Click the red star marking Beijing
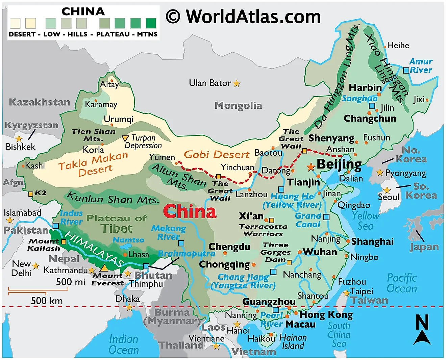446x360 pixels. [311, 167]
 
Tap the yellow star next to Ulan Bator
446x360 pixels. [237, 83]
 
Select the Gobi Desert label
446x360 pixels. [216, 155]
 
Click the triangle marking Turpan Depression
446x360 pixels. [125, 138]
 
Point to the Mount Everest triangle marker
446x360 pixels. [104, 268]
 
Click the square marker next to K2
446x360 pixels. [31, 194]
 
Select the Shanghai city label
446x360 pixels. [372, 241]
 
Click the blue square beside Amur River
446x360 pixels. [406, 70]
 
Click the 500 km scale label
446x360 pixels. [47, 301]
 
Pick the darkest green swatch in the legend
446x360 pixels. [151, 23]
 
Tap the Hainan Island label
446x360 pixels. [293, 341]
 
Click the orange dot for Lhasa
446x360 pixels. [125, 255]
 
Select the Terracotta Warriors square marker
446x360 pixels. [271, 221]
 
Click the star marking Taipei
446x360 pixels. [346, 293]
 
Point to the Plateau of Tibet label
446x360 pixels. [117, 223]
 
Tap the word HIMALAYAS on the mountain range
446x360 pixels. [95, 249]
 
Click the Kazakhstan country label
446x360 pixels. [40, 102]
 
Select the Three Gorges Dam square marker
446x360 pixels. [289, 262]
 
